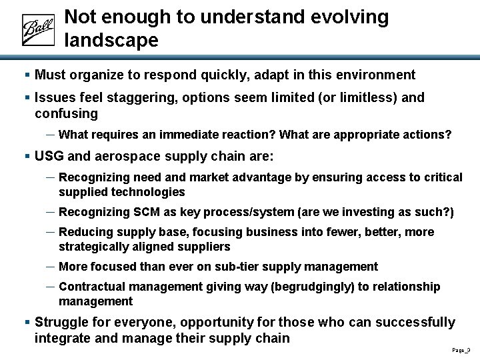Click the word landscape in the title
pos(111,41)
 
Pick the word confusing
pos(66,113)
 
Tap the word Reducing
pos(83,232)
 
